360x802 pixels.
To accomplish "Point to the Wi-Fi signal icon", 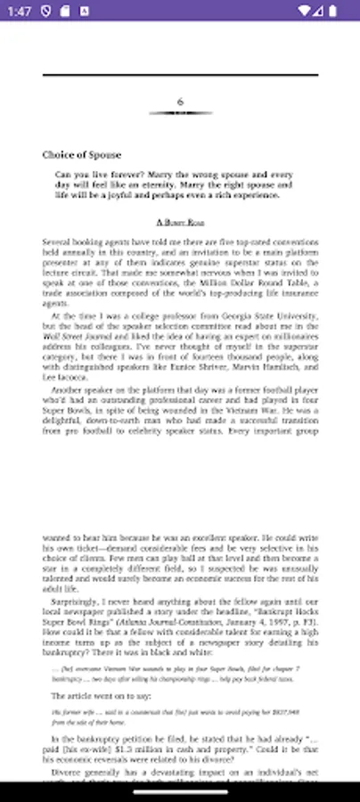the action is pyautogui.click(x=307, y=11).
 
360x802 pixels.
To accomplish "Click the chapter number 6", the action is pyautogui.click(x=180, y=102).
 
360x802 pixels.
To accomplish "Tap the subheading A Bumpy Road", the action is pyautogui.click(x=180, y=221).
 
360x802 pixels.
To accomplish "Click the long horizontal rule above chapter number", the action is pyautogui.click(x=180, y=76).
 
